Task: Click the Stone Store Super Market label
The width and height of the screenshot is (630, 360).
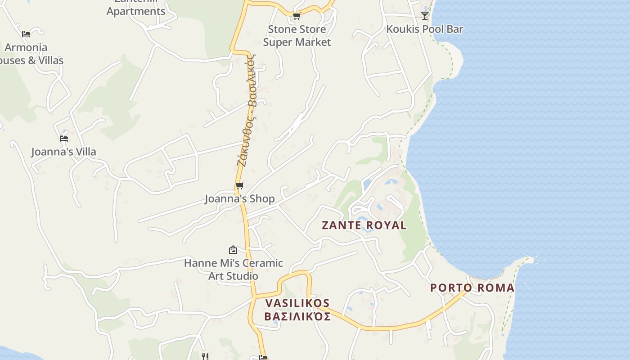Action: tap(297, 36)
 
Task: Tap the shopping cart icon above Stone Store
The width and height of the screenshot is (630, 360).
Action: tap(297, 16)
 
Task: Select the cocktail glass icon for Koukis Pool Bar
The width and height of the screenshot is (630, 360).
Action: tap(424, 16)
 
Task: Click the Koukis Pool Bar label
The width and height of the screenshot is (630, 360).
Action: tap(425, 29)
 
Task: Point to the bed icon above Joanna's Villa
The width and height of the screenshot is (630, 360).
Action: tap(64, 138)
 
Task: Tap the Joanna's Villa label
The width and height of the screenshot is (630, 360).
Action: tap(63, 152)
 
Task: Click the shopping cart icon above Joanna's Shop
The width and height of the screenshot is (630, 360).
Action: tap(239, 185)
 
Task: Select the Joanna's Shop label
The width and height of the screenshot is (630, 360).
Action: tap(239, 198)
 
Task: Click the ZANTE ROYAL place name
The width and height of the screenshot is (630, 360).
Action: tap(364, 225)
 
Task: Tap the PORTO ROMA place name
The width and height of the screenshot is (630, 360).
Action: tap(472, 288)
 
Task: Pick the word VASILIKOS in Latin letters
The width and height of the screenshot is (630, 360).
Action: tap(297, 303)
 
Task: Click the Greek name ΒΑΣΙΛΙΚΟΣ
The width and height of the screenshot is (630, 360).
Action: tap(297, 316)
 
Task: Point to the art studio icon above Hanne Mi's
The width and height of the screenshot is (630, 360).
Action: tap(233, 249)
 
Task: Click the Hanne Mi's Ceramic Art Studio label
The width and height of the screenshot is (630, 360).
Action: tap(233, 269)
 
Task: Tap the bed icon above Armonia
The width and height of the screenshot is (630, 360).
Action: tap(26, 34)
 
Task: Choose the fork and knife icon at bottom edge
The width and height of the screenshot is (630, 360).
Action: tap(205, 356)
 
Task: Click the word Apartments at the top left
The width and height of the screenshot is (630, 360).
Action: tap(136, 11)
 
